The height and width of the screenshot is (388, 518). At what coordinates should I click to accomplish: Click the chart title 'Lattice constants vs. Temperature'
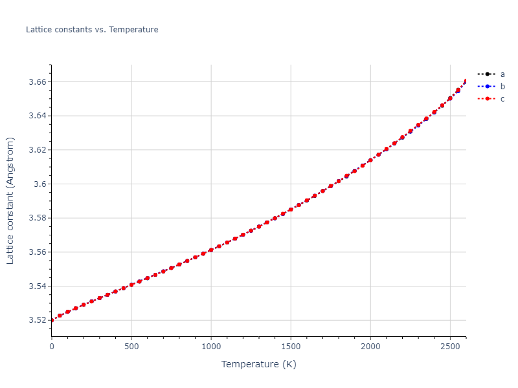tap(92, 30)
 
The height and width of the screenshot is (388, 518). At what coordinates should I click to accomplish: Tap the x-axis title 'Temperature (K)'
tap(258, 364)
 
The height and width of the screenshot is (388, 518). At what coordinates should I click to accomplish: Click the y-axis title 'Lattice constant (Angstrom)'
tap(10, 200)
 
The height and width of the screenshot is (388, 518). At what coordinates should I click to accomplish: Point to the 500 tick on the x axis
tap(131, 347)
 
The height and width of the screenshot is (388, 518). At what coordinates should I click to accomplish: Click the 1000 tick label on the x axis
tap(211, 347)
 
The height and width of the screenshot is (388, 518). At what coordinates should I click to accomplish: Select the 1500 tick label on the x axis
tap(291, 347)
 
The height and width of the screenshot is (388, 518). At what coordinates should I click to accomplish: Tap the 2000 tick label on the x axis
tap(370, 347)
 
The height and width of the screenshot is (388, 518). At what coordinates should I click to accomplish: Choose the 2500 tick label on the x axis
tap(450, 347)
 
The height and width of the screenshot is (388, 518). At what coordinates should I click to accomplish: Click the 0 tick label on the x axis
tap(52, 347)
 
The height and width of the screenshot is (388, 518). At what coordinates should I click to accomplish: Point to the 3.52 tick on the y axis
tap(38, 320)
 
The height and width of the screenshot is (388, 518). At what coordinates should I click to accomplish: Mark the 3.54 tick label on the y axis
tap(38, 286)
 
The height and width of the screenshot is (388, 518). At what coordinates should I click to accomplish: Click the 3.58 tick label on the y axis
tap(38, 218)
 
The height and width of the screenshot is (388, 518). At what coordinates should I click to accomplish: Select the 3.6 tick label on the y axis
tap(40, 184)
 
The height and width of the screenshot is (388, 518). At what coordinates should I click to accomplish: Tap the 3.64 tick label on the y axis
tap(38, 116)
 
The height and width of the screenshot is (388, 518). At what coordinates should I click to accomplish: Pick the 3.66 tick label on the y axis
tap(38, 82)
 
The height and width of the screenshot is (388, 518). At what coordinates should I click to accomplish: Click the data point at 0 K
tap(52, 320)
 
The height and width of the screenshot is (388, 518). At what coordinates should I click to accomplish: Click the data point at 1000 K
tap(211, 250)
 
